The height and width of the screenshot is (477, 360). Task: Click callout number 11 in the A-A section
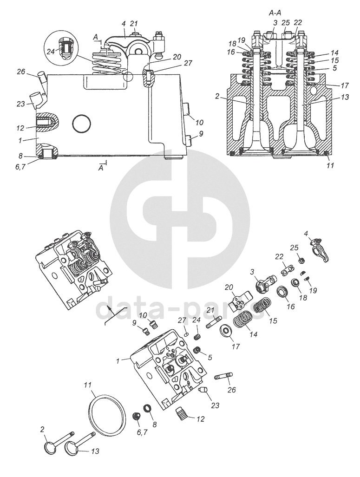tap(330, 164)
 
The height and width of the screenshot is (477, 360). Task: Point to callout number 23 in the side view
tap(20, 105)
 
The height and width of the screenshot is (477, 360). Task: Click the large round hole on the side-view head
tap(81, 124)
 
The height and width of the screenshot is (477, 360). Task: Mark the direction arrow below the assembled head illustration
tap(108, 313)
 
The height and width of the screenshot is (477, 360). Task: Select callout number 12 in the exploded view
tap(200, 418)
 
